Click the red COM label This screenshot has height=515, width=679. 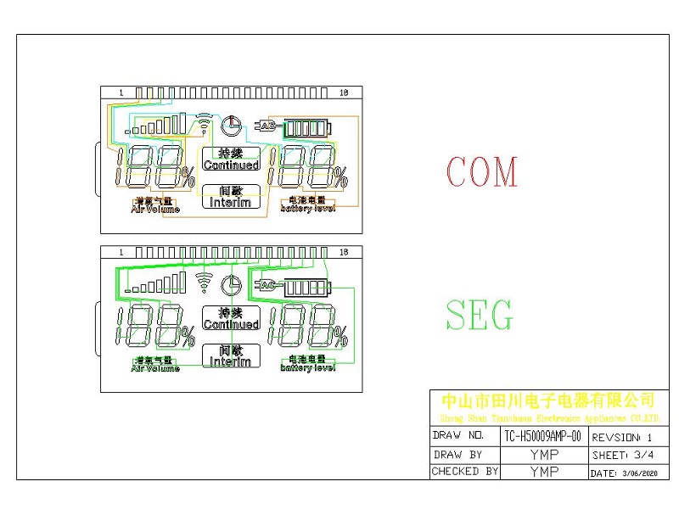click(x=481, y=172)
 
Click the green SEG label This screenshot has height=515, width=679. click(x=480, y=315)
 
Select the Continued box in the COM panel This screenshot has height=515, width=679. click(x=231, y=159)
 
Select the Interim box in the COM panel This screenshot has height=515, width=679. click(x=231, y=197)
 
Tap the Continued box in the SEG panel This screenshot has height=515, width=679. click(x=231, y=318)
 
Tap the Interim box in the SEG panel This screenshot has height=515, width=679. click(x=231, y=355)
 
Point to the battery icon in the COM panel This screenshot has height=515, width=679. click(x=306, y=128)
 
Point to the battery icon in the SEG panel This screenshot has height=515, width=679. click(x=308, y=288)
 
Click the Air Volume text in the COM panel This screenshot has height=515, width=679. click(x=155, y=208)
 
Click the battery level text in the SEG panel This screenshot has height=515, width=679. click(x=307, y=367)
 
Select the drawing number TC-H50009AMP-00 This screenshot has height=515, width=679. click(x=542, y=436)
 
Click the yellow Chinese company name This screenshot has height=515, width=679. click(x=547, y=400)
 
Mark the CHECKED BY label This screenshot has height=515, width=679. click(x=465, y=471)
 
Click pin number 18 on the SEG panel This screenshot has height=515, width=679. click(x=344, y=252)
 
